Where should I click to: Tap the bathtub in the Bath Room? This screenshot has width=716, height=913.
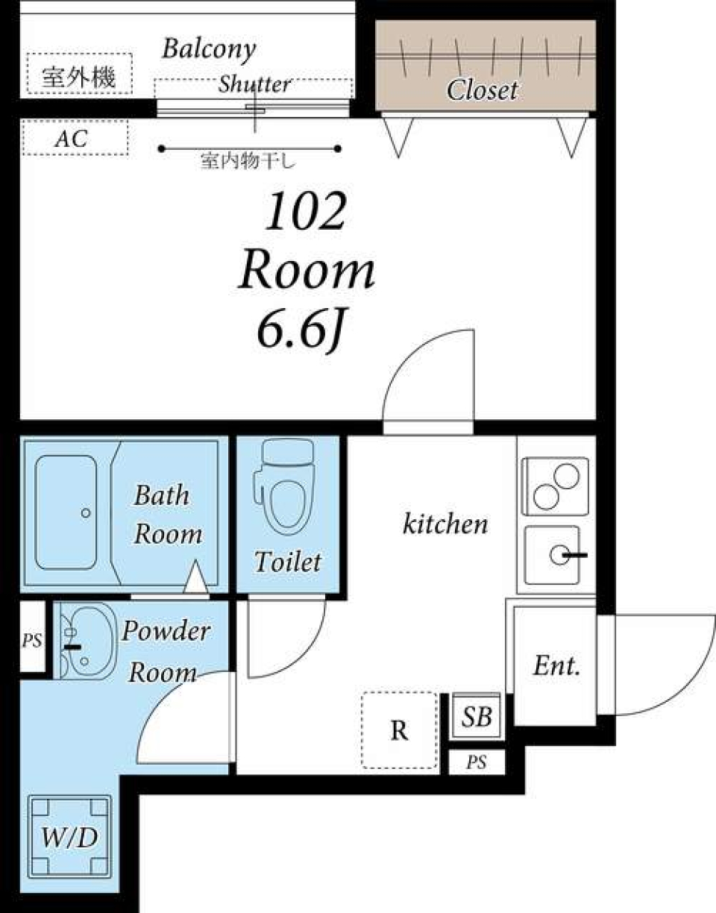point(66,512)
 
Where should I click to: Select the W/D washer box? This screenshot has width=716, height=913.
point(69,838)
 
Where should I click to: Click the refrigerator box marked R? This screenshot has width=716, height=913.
point(400,730)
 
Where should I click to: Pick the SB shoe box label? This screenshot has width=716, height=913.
point(477,717)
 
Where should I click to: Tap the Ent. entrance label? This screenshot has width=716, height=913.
point(556,666)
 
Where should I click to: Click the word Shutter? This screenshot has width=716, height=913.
point(254,84)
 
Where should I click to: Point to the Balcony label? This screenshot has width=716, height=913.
point(209,49)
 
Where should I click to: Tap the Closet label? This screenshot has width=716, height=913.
point(482,90)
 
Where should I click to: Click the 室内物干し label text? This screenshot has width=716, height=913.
point(248,161)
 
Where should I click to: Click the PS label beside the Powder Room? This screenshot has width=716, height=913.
point(31,640)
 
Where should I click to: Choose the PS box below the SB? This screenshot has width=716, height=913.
point(477,762)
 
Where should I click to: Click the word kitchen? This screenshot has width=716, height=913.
point(445,524)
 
